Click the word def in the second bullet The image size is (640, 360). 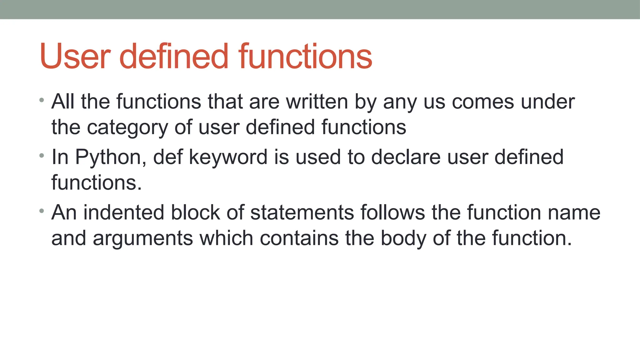pyautogui.click(x=167, y=157)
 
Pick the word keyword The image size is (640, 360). pyautogui.click(x=228, y=157)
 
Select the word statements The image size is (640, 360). pyautogui.click(x=302, y=213)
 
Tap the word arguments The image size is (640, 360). pyautogui.click(x=142, y=238)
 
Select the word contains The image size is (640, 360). pyautogui.click(x=299, y=238)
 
